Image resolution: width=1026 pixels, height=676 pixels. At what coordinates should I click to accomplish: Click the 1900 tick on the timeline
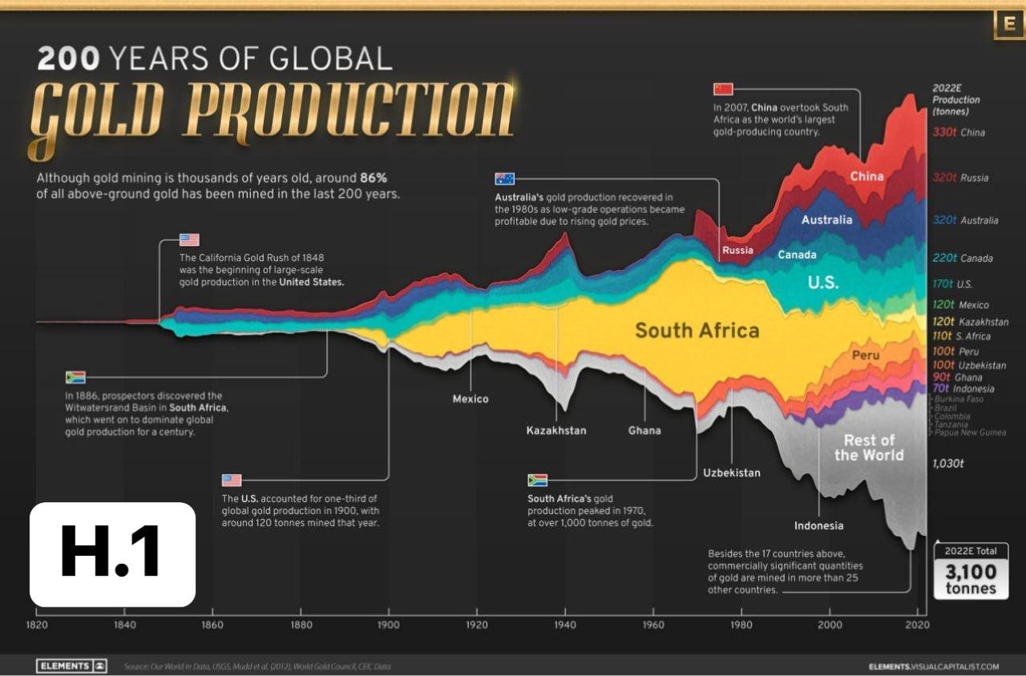pos(389,624)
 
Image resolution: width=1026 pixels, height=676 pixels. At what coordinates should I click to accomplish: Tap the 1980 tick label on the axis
pos(741,624)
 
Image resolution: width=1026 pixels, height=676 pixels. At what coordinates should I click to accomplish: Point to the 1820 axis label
pos(35,624)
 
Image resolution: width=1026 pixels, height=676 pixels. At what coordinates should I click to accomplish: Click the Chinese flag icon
pos(724,88)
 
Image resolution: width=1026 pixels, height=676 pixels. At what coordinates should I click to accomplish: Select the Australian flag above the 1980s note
pos(505,179)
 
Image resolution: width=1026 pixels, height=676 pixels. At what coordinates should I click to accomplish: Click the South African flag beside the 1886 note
pos(75,377)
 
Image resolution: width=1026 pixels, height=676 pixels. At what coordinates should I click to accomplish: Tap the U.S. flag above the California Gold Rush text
pos(189,239)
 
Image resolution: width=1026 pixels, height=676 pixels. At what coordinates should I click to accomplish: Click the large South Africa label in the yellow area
pos(697,330)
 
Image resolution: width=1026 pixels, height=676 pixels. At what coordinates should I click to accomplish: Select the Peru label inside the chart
pos(866,355)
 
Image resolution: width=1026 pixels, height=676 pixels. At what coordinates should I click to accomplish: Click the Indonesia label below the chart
pos(818,526)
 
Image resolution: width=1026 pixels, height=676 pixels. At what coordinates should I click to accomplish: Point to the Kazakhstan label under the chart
pos(555,431)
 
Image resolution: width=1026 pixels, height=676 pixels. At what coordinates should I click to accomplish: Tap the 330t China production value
pos(959,133)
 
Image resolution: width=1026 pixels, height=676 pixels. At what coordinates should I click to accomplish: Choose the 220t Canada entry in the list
pos(963,259)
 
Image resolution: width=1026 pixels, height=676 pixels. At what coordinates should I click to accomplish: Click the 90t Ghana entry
pos(957,377)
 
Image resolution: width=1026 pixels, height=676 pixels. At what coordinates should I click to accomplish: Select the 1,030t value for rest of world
pos(948,463)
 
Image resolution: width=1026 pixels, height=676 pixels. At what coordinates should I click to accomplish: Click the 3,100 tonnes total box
pos(971,571)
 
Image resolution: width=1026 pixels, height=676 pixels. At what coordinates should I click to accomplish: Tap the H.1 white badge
pos(112,554)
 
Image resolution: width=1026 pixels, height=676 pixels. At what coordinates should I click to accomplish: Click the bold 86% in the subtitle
pos(373,177)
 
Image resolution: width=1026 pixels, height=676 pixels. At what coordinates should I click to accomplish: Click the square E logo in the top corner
pos(1008,24)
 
